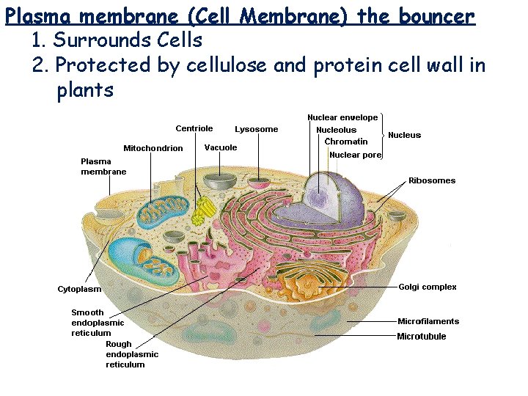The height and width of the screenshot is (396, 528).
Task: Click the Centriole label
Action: pyautogui.click(x=194, y=128)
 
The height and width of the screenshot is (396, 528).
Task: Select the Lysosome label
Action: pyautogui.click(x=257, y=129)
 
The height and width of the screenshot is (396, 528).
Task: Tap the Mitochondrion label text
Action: pyautogui.click(x=153, y=148)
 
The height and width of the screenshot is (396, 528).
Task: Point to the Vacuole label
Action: pyautogui.click(x=221, y=147)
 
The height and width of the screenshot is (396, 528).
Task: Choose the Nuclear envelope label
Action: pyautogui.click(x=342, y=117)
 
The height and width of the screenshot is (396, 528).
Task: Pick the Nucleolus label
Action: pyautogui.click(x=336, y=130)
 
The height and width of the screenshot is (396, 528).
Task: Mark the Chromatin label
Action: pyautogui.click(x=346, y=142)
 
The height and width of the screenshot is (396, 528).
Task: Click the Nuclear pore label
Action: pyautogui.click(x=356, y=155)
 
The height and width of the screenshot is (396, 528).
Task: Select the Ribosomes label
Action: pyautogui.click(x=432, y=180)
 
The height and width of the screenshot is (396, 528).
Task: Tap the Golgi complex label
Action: pyautogui.click(x=428, y=287)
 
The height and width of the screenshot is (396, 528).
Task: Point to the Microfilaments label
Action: pyautogui.click(x=428, y=321)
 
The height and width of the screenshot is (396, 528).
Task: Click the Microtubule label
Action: pyautogui.click(x=422, y=337)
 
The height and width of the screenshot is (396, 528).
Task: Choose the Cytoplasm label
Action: pyautogui.click(x=79, y=289)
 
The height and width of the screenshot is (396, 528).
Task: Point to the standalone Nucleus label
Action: pyautogui.click(x=405, y=135)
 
